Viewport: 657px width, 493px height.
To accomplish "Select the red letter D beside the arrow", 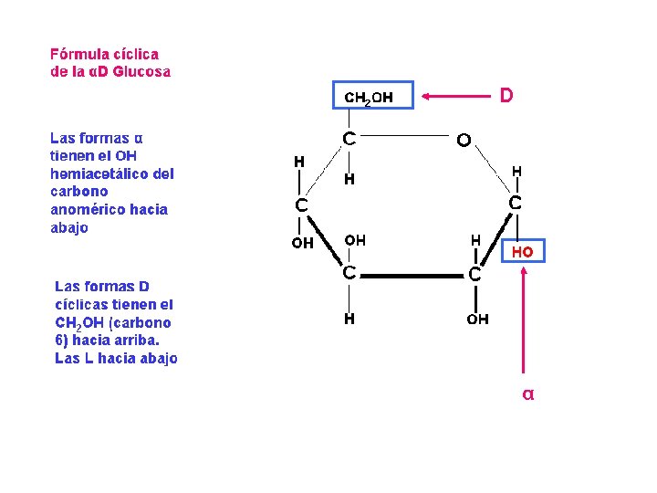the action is (x=506, y=95).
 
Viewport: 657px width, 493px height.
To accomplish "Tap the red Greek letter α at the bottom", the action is (x=527, y=394).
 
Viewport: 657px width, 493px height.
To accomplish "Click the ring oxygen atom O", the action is (x=464, y=141).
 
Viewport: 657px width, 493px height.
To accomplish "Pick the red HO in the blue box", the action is (x=523, y=251).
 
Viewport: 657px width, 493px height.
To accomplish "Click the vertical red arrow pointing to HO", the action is (x=523, y=320).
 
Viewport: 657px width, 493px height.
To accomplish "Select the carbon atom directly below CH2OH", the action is (x=349, y=139).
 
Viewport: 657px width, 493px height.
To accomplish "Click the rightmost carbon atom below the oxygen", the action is (x=516, y=203).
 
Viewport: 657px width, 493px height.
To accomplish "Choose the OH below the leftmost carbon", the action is (x=302, y=243).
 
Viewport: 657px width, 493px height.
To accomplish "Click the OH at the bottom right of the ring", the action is (x=477, y=319).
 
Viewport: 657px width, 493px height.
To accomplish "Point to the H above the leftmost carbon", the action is (x=299, y=162).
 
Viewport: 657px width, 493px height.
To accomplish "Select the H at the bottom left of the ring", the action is (x=349, y=319).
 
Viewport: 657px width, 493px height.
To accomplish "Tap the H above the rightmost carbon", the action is (x=516, y=171).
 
